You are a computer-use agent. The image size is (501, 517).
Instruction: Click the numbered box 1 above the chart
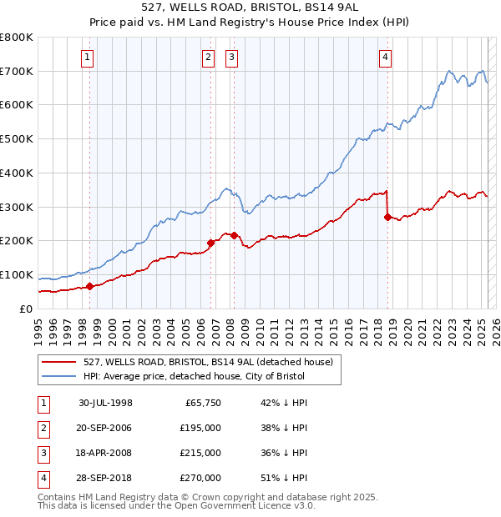89,58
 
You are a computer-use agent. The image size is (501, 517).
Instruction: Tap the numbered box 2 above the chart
208,58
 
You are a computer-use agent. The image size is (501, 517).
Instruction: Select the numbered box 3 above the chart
231,58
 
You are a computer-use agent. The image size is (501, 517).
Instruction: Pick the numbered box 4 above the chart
385,58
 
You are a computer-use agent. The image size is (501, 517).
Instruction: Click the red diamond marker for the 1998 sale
89,286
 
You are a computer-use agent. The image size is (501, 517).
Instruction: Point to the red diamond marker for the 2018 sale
387,217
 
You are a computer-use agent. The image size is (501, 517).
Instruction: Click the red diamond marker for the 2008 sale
234,235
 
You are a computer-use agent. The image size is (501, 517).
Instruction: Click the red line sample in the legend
59,362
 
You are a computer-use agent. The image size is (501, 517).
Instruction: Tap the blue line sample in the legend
59,376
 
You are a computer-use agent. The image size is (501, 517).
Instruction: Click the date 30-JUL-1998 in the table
106,404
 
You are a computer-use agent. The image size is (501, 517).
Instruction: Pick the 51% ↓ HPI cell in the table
285,479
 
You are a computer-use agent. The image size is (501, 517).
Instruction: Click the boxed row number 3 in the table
41,454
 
